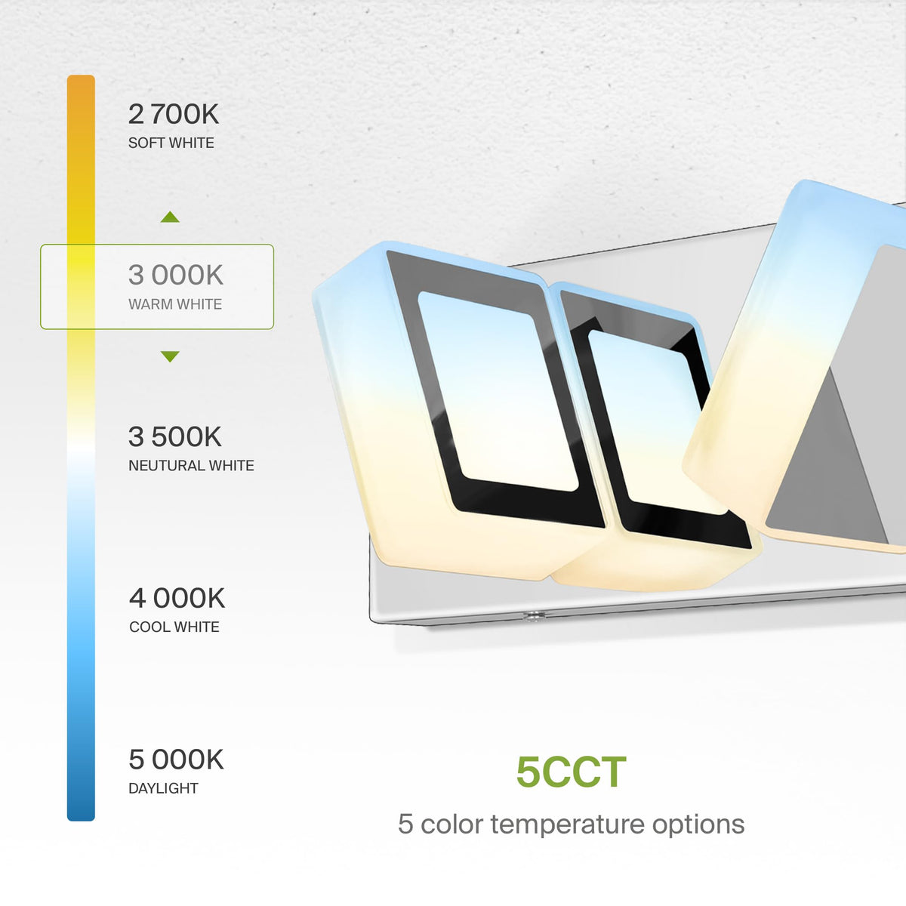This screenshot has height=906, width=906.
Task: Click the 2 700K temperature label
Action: (174, 114)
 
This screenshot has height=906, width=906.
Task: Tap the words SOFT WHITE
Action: (171, 143)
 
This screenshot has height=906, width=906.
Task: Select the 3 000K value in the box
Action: (175, 275)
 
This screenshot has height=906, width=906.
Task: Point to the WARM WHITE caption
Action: (175, 304)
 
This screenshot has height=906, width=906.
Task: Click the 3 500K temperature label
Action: (175, 437)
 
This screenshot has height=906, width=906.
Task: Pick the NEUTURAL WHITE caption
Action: (191, 466)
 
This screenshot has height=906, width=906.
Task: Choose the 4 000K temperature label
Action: (177, 598)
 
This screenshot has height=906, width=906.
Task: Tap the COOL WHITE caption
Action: (174, 627)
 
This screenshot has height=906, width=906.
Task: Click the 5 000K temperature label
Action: (177, 760)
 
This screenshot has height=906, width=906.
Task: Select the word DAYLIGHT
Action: (163, 788)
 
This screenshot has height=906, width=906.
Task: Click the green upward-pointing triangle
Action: (170, 217)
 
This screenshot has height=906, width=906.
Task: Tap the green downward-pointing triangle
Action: (170, 356)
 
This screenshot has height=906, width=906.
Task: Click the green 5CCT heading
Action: (572, 772)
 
